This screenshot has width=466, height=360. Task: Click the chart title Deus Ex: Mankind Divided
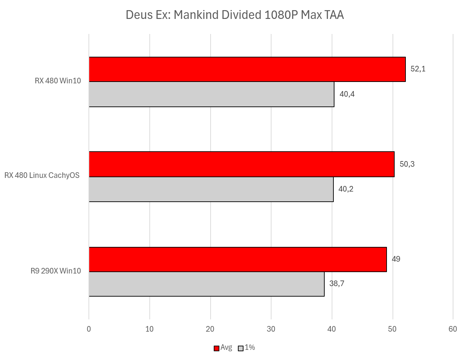coord(235,15)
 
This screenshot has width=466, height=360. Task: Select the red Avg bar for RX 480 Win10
coord(247,69)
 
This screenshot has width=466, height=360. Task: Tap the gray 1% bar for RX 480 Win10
coord(211,94)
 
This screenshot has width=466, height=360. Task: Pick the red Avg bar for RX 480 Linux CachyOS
coord(242,164)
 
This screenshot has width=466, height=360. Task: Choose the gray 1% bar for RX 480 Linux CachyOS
coord(211,189)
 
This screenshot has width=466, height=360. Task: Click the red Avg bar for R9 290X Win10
coord(238,259)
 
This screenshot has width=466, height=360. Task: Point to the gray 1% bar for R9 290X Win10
coord(206,284)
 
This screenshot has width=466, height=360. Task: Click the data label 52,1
coord(418,69)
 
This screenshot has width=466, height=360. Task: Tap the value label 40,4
coord(347,94)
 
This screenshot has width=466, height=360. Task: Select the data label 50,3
coord(407,164)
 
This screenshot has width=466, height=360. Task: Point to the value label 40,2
coord(346,189)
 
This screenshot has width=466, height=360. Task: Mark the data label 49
coord(396,259)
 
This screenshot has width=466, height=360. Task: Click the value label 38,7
coord(337,284)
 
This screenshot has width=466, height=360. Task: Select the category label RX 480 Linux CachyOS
coord(42,175)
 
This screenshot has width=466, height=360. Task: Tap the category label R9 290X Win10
coord(56,271)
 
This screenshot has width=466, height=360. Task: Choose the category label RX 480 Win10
coord(58,81)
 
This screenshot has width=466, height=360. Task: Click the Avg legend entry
coord(223,347)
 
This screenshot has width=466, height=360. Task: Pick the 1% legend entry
coord(247,347)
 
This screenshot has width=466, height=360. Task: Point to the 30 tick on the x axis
coord(271,329)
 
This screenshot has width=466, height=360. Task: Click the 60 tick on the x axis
coord(453,329)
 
